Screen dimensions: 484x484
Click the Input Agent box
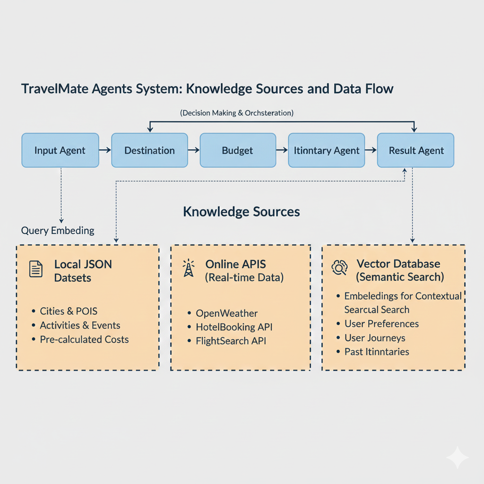coord(60,150)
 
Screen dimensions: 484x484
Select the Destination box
coord(149,150)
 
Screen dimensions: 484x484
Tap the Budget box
coord(238,150)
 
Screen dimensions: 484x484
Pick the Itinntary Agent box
coord(327,150)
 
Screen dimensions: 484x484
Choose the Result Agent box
coord(415,150)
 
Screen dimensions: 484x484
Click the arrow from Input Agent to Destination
coord(105,150)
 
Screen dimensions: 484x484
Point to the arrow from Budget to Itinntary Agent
coord(282,150)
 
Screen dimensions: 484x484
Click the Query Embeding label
coord(58,231)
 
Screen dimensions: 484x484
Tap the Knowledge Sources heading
coord(241,211)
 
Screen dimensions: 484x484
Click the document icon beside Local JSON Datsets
coord(36,269)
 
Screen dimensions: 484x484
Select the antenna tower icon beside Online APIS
coord(188,268)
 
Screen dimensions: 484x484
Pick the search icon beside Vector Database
coord(339,268)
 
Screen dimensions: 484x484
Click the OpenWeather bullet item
coord(227,313)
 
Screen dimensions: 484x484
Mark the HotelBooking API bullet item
coord(234,327)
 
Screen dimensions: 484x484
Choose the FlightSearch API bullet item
coord(231,340)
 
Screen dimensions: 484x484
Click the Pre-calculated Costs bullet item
coord(84,339)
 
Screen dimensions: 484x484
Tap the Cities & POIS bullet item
coord(69,311)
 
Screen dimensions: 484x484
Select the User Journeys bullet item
coord(375,337)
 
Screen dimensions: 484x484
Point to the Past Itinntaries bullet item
coord(377,351)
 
